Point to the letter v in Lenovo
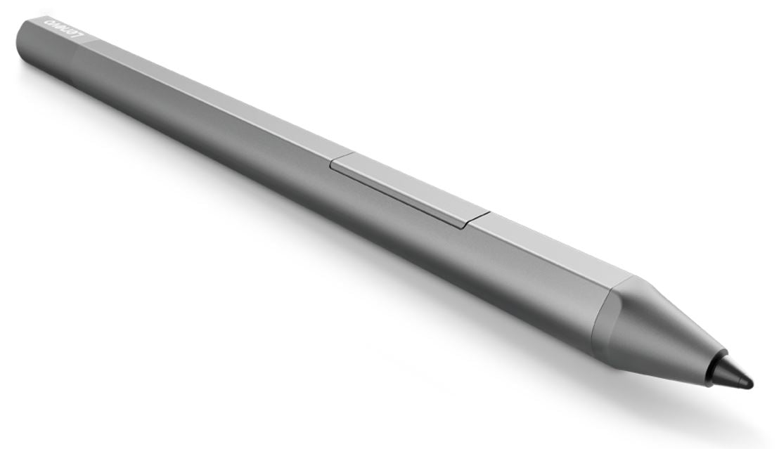tap(59, 27)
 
